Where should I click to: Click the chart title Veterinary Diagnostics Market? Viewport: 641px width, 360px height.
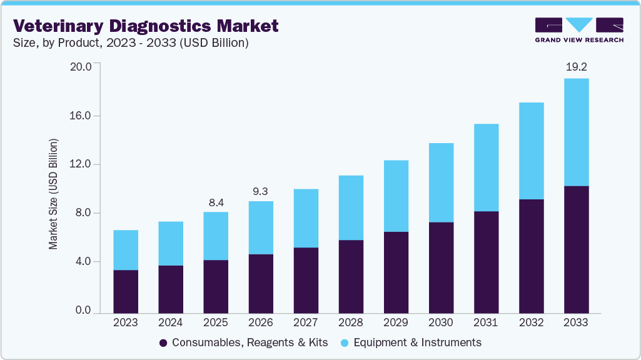click(x=146, y=26)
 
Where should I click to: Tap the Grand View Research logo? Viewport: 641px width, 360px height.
click(x=579, y=30)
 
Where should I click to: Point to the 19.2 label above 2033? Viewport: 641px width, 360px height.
click(x=576, y=66)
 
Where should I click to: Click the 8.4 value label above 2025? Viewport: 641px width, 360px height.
click(x=216, y=202)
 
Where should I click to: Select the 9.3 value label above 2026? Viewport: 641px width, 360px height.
click(x=261, y=191)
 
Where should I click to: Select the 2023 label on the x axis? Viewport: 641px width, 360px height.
click(x=126, y=323)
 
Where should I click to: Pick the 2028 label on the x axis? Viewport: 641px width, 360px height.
click(x=351, y=323)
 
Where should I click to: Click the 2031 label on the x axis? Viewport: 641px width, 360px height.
click(x=486, y=323)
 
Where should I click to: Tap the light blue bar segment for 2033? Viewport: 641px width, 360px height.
click(x=576, y=132)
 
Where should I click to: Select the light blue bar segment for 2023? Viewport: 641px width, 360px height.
click(x=126, y=250)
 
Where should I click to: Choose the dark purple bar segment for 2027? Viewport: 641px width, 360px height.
click(x=306, y=279)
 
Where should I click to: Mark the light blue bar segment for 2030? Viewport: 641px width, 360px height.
click(x=441, y=182)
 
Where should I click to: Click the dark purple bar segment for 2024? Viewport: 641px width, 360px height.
click(x=171, y=288)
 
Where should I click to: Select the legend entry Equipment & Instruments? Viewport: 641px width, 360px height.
click(x=411, y=342)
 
